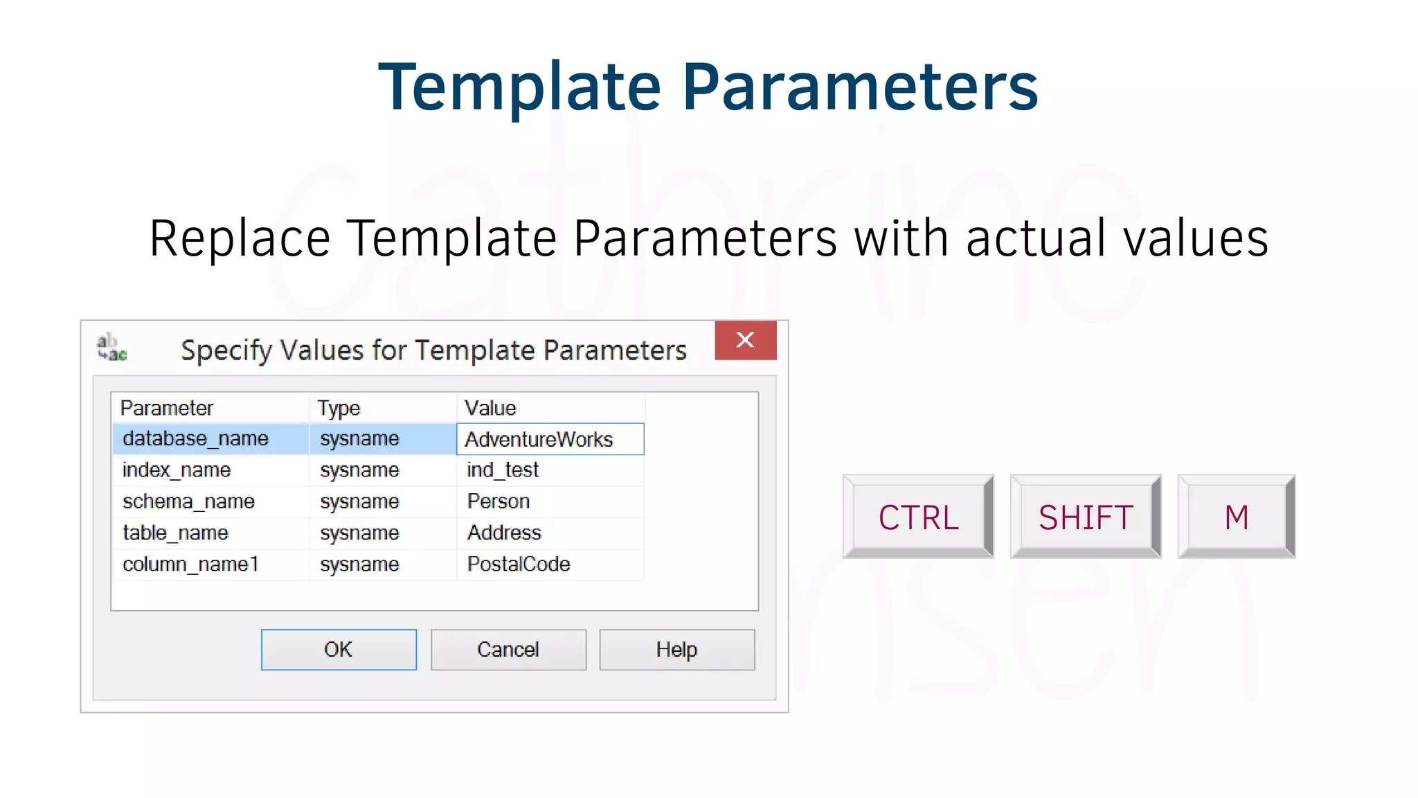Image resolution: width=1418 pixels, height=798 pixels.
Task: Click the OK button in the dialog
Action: pyautogui.click(x=339, y=650)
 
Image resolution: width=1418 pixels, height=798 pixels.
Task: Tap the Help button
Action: pyautogui.click(x=676, y=650)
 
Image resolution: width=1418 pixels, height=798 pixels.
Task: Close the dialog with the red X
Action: pyautogui.click(x=745, y=340)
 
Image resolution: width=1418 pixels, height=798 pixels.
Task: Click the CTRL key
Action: pyautogui.click(x=918, y=517)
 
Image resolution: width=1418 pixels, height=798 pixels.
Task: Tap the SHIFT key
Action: pyautogui.click(x=1085, y=517)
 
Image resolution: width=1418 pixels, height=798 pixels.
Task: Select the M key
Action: pyautogui.click(x=1236, y=517)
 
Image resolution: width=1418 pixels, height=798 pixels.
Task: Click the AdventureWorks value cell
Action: pyautogui.click(x=550, y=439)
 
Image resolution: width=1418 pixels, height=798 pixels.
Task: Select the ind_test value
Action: pyautogui.click(x=503, y=470)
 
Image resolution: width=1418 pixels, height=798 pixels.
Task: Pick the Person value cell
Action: pyautogui.click(x=499, y=502)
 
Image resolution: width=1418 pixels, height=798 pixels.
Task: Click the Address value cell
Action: pyautogui.click(x=504, y=533)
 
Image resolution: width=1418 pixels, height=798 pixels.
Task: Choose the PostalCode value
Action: pyautogui.click(x=519, y=565)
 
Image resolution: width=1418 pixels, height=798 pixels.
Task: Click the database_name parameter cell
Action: pyautogui.click(x=195, y=439)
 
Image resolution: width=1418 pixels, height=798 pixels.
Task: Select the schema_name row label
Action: pyautogui.click(x=188, y=502)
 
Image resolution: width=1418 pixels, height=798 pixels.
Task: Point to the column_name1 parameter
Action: pyautogui.click(x=190, y=565)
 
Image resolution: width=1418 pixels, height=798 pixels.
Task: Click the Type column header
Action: pyautogui.click(x=339, y=408)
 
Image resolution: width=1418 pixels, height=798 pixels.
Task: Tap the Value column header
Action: pyautogui.click(x=490, y=408)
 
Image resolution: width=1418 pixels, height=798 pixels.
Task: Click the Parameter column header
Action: pyautogui.click(x=167, y=408)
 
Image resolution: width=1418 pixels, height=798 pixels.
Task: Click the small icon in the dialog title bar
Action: pyautogui.click(x=111, y=347)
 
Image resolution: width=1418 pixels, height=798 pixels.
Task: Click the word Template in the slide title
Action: pyautogui.click(x=519, y=87)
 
